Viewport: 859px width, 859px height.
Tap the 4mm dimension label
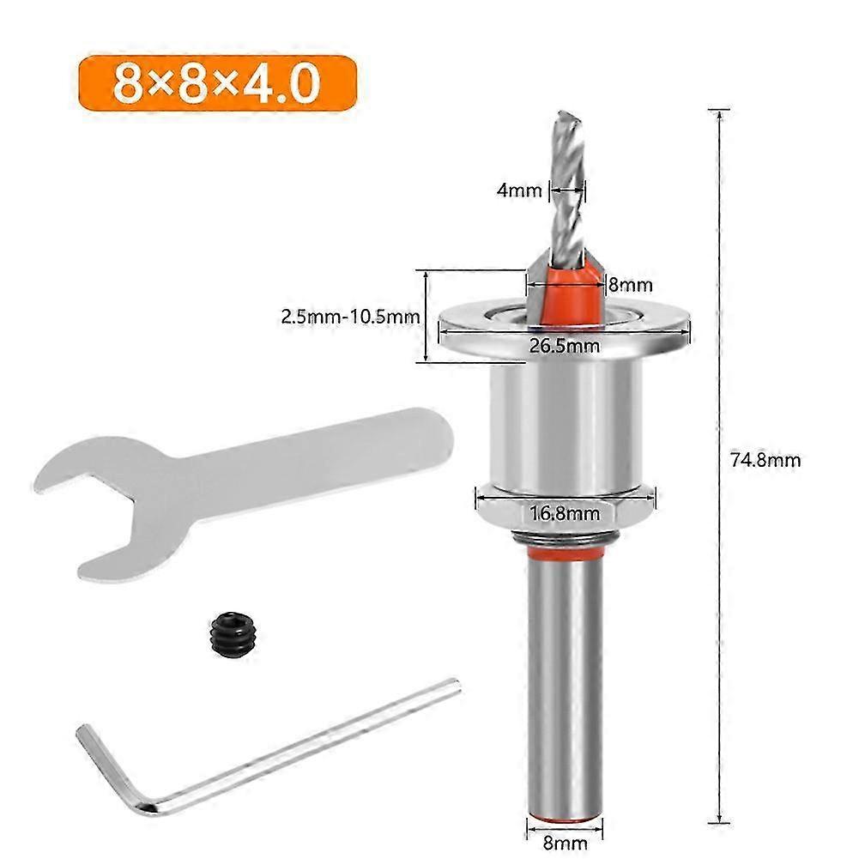point(519,191)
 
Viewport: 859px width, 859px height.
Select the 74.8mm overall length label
point(765,460)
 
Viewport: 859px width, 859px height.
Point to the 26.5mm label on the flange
point(563,346)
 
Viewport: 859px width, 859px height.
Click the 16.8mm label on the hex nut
point(564,514)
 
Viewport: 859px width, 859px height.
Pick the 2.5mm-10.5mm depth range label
point(349,316)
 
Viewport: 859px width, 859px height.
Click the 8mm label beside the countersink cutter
point(631,284)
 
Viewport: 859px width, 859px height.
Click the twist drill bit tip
point(564,124)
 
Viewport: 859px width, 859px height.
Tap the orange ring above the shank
point(564,559)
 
